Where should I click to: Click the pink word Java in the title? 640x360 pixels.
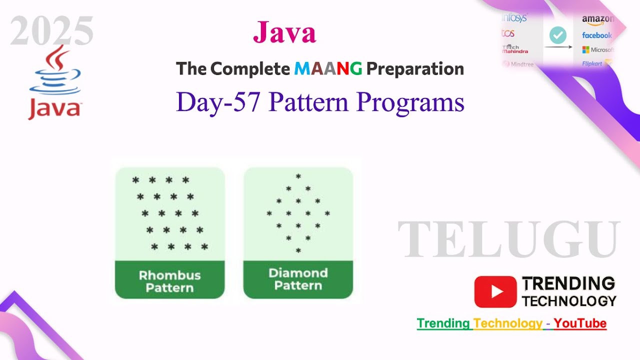284,33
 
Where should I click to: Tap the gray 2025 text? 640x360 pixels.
52,31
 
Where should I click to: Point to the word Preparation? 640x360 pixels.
415,69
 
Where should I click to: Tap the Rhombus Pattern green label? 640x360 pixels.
169,281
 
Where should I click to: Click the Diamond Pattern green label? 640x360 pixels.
298,279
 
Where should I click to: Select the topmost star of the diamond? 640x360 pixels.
298,176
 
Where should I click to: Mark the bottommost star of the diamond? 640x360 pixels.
298,250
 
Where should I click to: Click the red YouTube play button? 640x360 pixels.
495,292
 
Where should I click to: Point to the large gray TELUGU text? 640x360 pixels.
509,239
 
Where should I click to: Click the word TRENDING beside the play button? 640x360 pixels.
568,284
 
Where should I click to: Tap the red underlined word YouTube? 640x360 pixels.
580,323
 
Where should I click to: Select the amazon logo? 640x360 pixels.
597,19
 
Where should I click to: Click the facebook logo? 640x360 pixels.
596,35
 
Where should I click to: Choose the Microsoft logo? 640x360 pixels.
597,50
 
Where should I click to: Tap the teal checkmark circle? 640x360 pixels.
557,35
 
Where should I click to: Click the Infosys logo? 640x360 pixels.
514,18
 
